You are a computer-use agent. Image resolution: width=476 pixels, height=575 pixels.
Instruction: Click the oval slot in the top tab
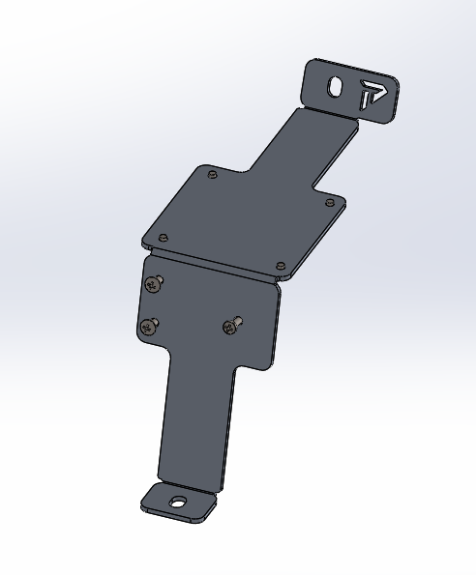(334, 86)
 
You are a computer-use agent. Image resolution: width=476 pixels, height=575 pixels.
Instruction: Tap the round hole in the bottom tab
(177, 502)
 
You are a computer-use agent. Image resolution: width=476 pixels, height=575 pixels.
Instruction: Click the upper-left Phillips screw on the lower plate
(153, 284)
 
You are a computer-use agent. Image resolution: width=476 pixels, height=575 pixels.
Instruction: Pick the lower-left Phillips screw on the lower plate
(148, 327)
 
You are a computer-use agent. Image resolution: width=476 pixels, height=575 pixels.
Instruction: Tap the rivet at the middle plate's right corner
(330, 203)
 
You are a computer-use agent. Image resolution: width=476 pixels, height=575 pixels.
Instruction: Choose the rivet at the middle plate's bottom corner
(280, 265)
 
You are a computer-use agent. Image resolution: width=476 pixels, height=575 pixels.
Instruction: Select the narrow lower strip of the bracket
(197, 425)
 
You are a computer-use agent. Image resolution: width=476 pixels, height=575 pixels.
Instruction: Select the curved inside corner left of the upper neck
(247, 174)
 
